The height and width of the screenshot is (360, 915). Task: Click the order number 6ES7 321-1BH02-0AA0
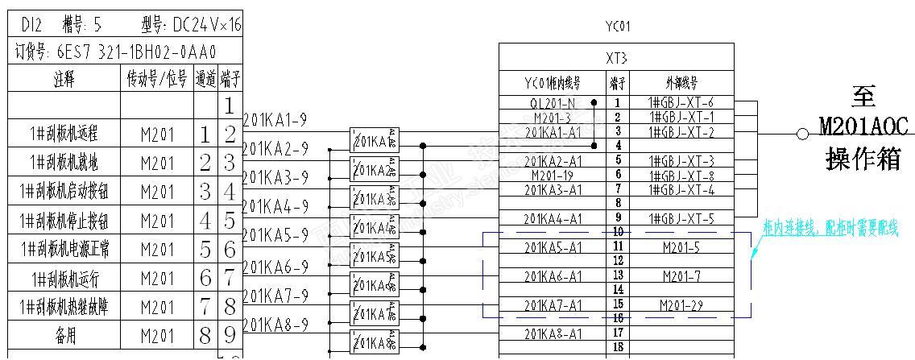pos(137,53)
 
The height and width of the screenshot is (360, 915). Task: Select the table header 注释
pos(64,80)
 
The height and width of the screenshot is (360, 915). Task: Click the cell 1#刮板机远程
pos(64,134)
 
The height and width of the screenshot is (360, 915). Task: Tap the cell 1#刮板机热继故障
pos(64,307)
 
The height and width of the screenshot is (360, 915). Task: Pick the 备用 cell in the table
pos(64,336)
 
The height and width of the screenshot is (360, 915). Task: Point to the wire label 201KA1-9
pos(275,120)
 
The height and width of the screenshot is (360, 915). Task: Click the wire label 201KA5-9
pos(275,235)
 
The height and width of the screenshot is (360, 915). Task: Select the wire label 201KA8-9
pos(275,325)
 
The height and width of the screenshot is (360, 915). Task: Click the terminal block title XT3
pos(616,58)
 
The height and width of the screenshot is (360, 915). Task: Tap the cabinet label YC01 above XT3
pos(618,27)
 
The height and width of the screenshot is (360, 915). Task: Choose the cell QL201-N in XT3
pos(553,103)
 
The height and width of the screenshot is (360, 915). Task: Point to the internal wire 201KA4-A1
pos(553,218)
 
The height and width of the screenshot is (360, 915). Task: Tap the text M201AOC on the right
pos(863,126)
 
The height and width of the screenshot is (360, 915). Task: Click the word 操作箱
pos(863,159)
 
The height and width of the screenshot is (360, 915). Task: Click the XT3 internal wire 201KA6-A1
pos(553,276)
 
